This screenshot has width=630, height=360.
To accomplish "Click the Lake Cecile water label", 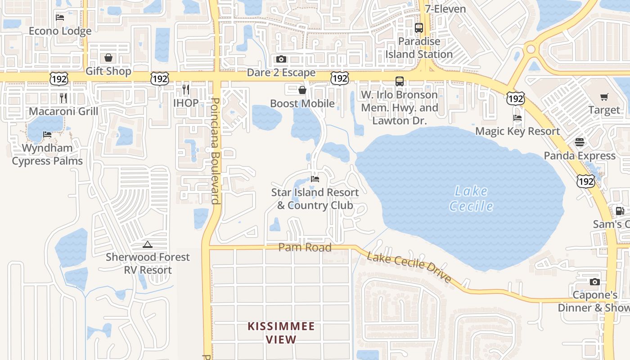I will click(471, 198).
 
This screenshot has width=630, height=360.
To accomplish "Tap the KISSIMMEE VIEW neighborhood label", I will click(281, 333).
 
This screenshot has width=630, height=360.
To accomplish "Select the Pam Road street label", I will click(305, 247).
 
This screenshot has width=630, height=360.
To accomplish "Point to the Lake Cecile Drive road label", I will click(409, 267).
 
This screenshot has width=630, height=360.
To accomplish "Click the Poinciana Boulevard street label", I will click(216, 151).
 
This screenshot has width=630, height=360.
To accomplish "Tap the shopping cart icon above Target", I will click(604, 97).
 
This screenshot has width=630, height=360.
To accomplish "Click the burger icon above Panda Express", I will click(579, 142).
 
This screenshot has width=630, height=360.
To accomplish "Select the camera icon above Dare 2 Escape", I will click(281, 59).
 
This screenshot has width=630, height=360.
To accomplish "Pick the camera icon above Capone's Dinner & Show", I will click(594, 282).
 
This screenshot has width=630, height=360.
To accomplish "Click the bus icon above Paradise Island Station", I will click(419, 28).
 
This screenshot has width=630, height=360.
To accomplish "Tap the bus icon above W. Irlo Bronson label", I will click(400, 81).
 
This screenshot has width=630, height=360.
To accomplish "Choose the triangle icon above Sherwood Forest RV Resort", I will click(147, 244).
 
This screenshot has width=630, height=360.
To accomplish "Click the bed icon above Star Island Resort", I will click(315, 179).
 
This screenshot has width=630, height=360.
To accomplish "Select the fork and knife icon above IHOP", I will click(185, 89).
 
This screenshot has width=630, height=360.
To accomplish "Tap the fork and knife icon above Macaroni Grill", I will click(63, 98).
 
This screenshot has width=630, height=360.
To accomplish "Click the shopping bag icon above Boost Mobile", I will click(302, 90).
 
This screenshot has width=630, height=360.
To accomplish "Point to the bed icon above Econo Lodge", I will click(60, 18).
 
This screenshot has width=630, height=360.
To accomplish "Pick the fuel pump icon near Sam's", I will click(620, 211).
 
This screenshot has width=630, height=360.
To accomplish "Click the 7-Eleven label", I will click(445, 9).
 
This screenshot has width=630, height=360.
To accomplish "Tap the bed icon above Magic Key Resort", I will click(517, 118).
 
